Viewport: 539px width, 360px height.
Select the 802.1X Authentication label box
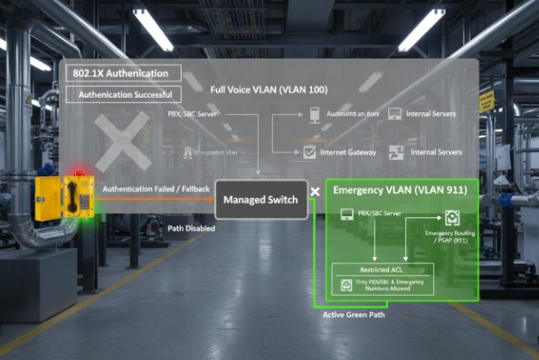click(120, 73)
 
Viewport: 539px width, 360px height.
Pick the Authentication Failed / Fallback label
click(156, 188)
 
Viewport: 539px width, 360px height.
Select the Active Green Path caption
click(353, 315)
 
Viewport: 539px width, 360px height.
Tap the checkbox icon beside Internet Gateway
click(309, 152)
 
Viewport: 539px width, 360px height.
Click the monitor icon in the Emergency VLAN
click(345, 215)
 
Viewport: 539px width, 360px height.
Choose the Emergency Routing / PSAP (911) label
click(446, 237)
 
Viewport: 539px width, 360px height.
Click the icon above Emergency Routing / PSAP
click(450, 217)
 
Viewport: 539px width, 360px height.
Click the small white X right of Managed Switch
click(315, 192)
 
